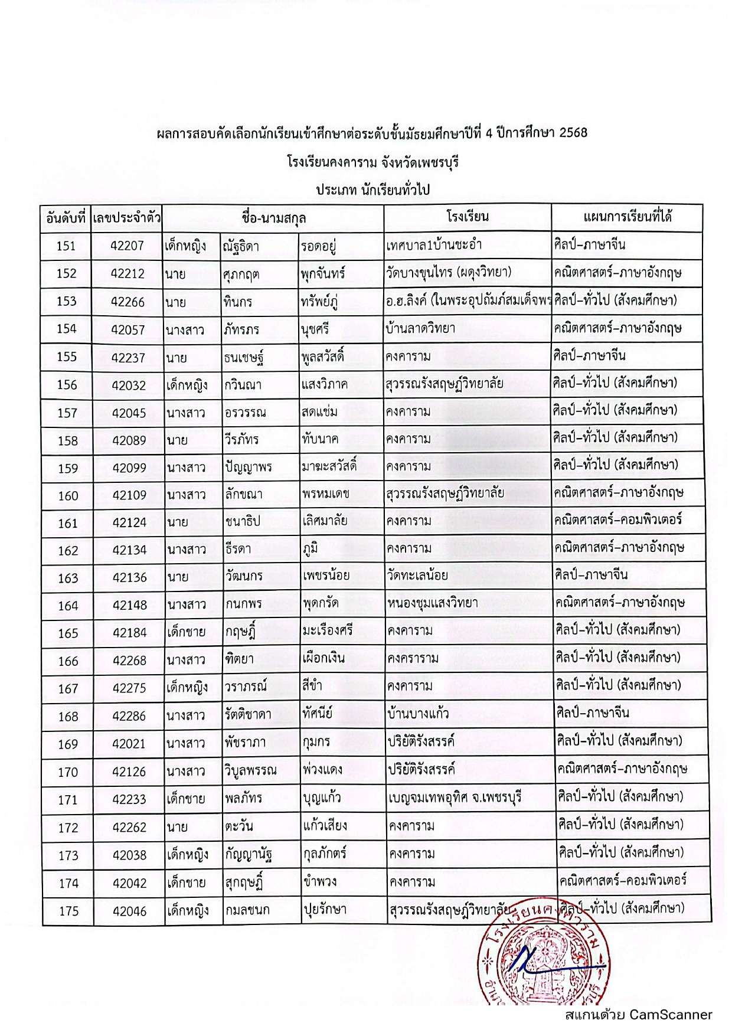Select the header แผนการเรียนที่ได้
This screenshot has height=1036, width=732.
pos(627,217)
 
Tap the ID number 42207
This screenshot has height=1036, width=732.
pos(127,246)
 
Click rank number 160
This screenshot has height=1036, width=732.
pos(68,496)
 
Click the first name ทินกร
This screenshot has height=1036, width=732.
pos(238,302)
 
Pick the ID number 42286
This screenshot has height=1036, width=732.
pos(129,716)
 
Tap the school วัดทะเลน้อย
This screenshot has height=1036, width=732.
pos(417,575)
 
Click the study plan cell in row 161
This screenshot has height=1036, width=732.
pos(618,520)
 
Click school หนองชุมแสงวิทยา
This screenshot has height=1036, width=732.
pos(433,603)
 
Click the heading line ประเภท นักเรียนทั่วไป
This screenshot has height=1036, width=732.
pos(372,190)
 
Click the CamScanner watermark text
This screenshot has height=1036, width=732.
pos(638,1014)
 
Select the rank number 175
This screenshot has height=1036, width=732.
pos(68,911)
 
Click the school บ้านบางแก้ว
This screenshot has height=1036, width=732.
pos(418,713)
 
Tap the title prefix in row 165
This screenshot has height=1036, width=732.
pos(186,632)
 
